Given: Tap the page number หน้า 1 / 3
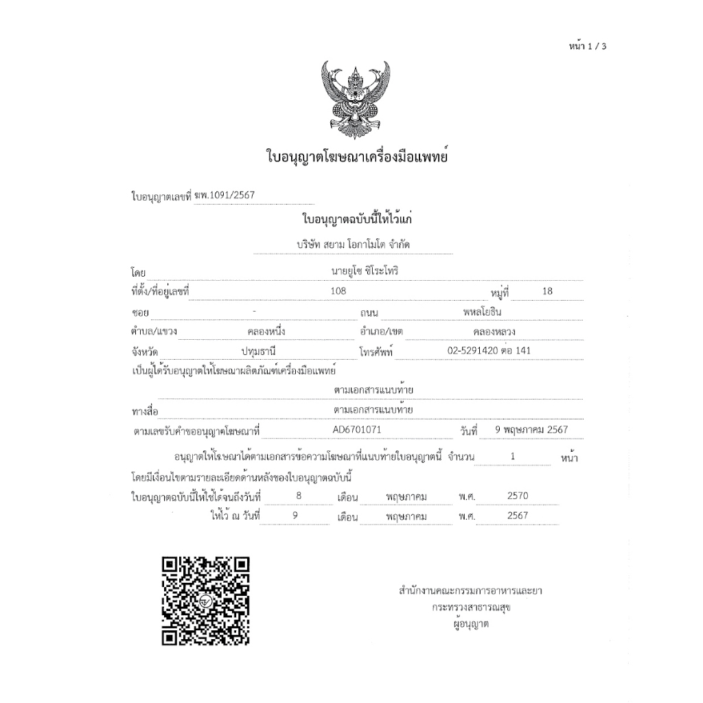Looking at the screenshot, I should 588,47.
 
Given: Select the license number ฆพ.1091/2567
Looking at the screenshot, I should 224,195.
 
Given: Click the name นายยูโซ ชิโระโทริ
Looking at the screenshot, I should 365,270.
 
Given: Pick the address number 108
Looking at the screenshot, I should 338,291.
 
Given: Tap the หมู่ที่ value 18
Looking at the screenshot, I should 547,291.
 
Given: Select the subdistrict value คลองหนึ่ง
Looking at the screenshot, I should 266,332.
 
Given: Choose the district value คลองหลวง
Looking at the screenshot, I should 494,332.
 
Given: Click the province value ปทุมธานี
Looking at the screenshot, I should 258,351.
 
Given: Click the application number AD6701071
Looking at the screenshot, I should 356,430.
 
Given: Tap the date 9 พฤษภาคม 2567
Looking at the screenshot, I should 531,430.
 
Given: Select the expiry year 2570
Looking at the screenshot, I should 518,496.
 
